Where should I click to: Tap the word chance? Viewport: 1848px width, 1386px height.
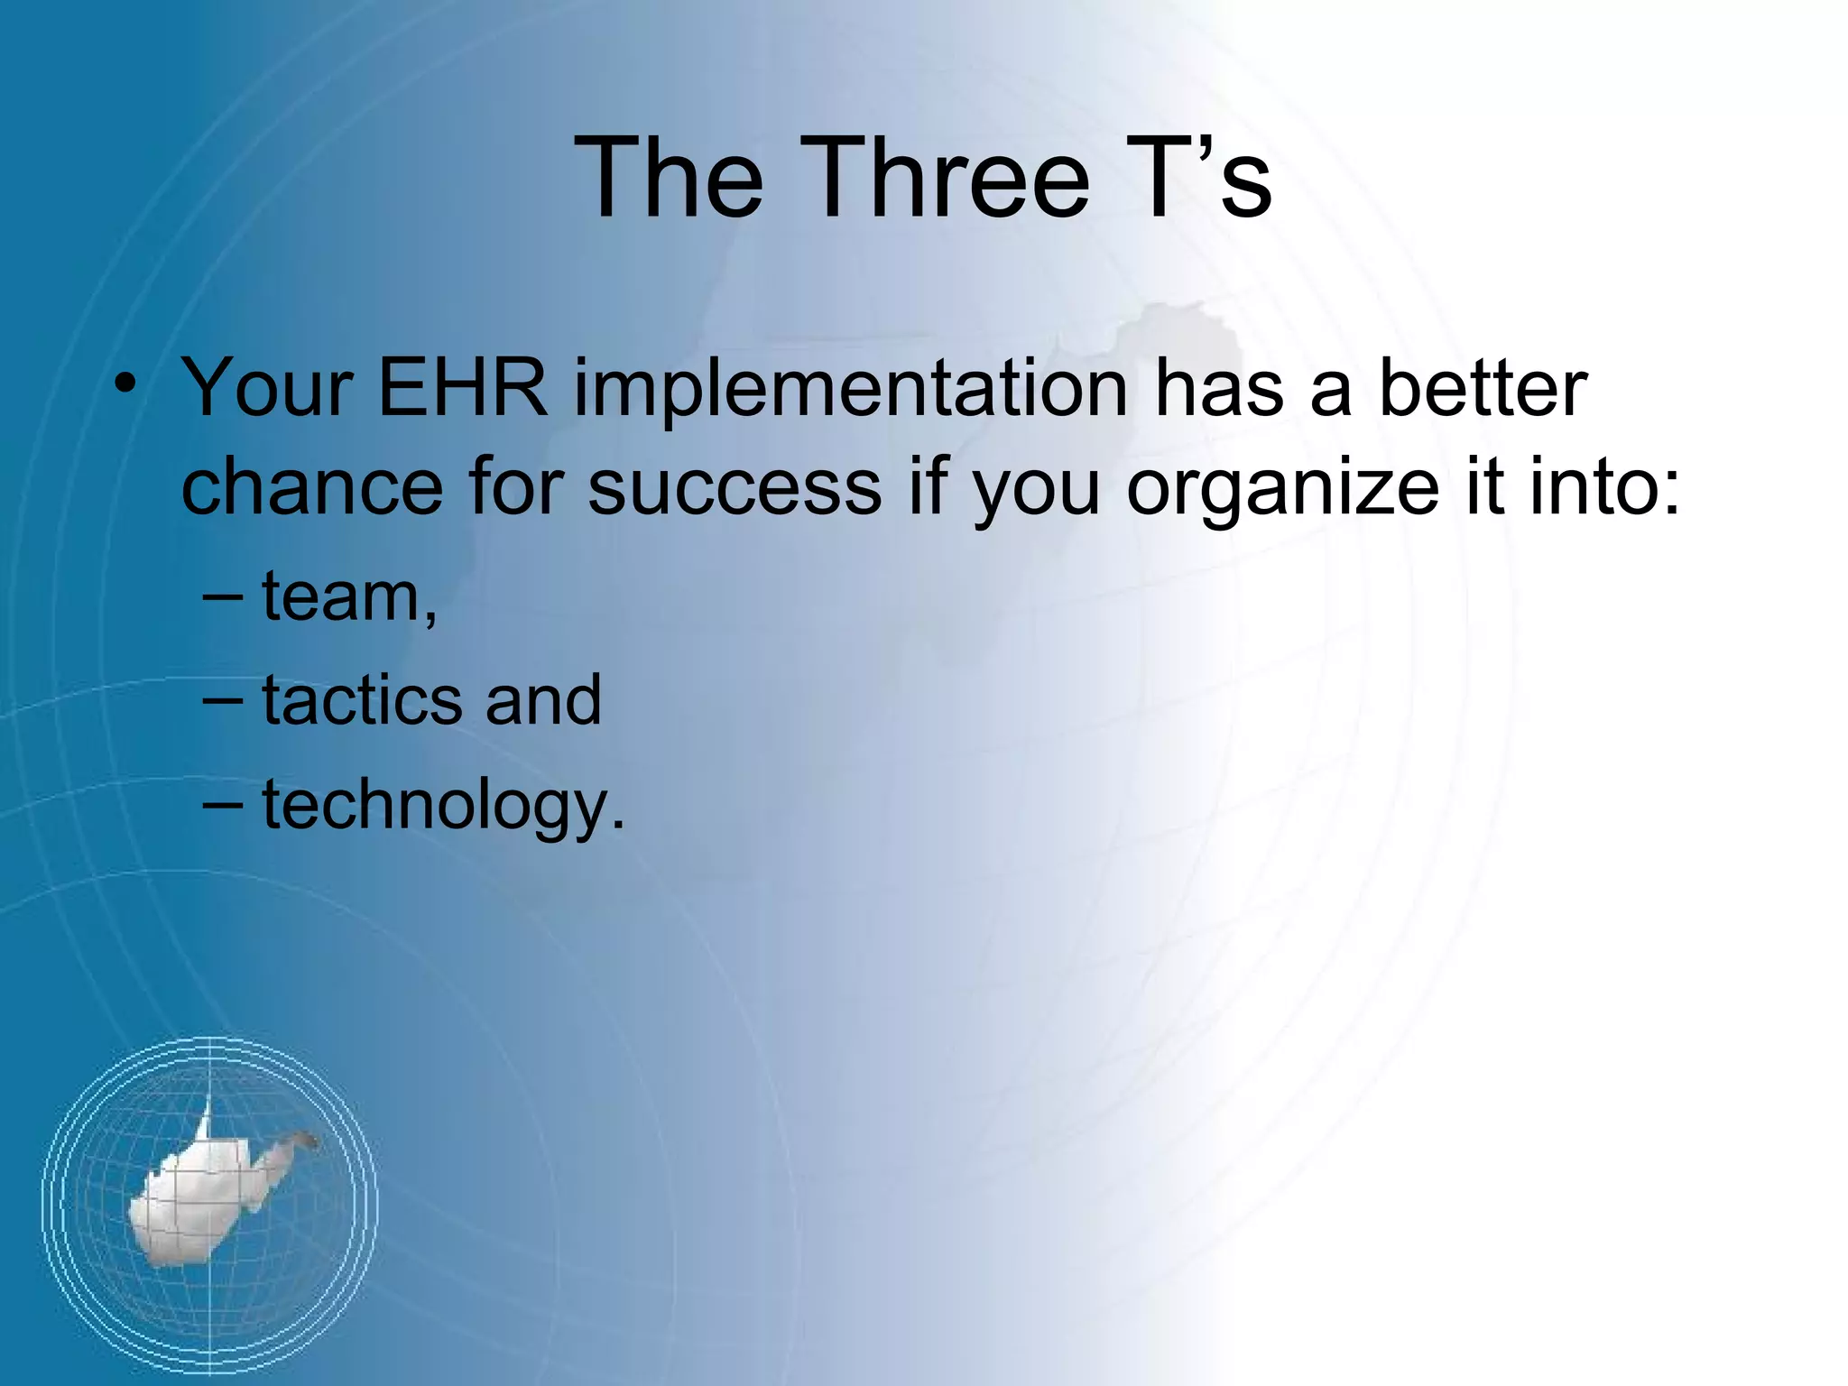(x=311, y=487)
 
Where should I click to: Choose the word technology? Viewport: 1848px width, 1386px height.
(x=443, y=806)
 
